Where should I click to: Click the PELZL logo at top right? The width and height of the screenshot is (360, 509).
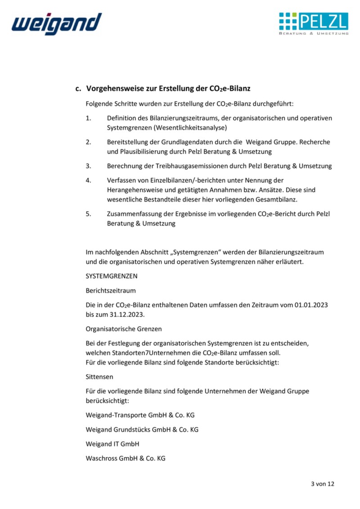tap(314, 23)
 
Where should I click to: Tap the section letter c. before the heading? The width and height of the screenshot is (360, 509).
tap(78, 89)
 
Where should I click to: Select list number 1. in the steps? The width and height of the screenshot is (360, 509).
tap(88, 118)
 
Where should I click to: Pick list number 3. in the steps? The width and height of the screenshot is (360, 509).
tap(88, 166)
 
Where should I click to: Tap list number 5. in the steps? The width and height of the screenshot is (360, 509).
tap(88, 214)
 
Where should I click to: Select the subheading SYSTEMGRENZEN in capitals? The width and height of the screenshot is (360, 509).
tap(112, 276)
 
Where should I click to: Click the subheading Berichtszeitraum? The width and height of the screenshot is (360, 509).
tap(111, 291)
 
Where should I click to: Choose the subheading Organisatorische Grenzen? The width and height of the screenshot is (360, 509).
tap(124, 329)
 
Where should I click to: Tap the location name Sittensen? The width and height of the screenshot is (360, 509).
tap(99, 377)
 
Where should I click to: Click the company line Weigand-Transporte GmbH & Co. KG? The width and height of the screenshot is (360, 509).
tap(140, 415)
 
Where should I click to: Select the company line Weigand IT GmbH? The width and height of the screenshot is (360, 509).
tap(112, 444)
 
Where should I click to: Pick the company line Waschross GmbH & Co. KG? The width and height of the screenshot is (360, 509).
tap(126, 458)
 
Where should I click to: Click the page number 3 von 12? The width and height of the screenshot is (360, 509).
tap(323, 484)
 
